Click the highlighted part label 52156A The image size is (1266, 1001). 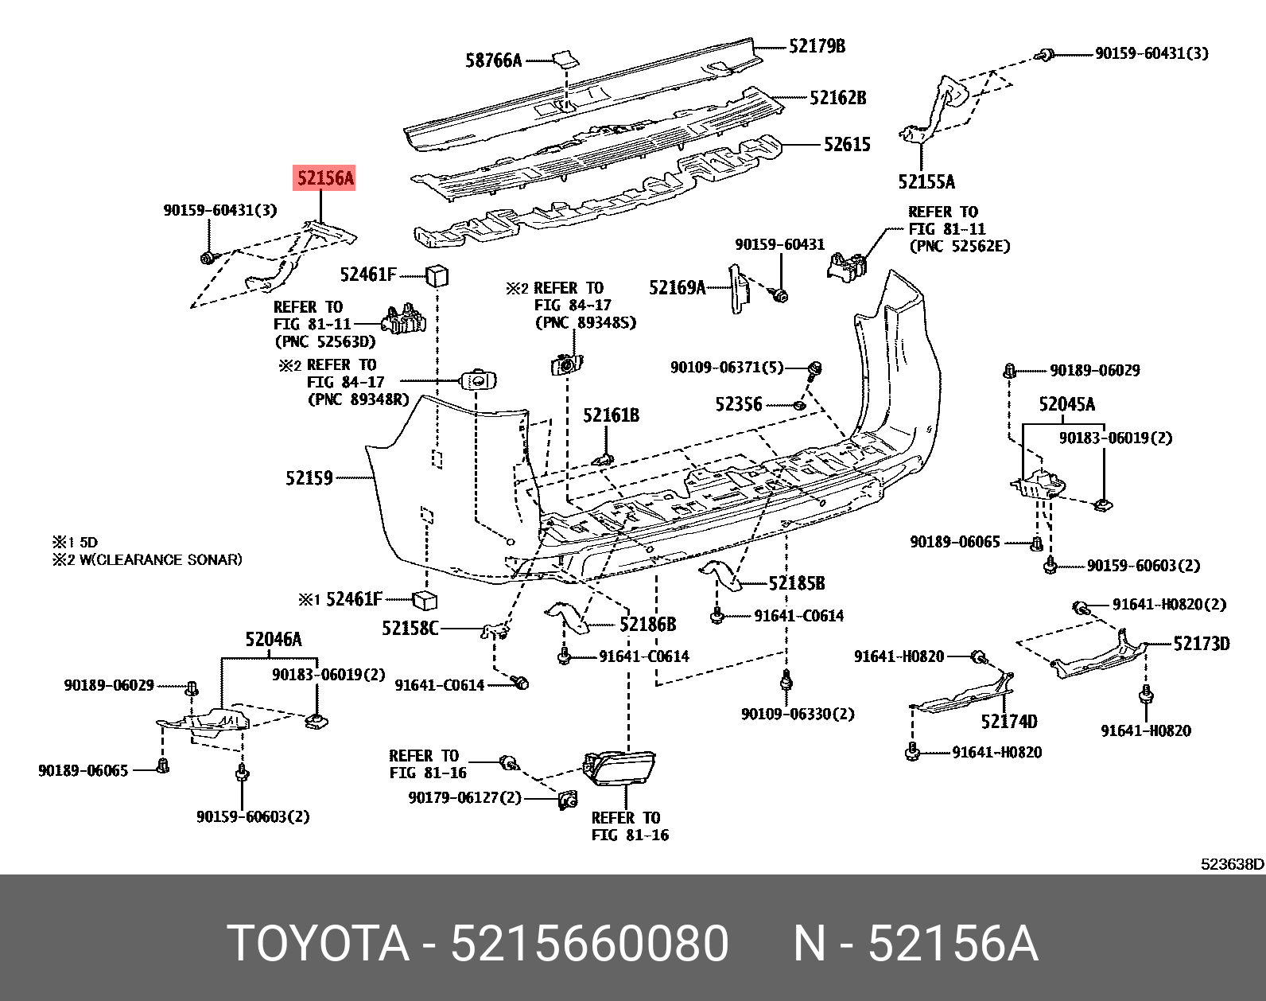(324, 178)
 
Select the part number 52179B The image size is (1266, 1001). (817, 46)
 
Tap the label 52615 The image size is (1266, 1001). (847, 145)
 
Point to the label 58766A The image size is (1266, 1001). (493, 60)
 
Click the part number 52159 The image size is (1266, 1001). (309, 478)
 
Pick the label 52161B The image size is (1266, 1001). (611, 415)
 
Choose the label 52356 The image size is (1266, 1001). (738, 404)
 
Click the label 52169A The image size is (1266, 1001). (677, 287)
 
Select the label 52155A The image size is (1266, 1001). (926, 182)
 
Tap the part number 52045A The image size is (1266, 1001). (1066, 404)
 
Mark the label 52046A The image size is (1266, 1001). (273, 640)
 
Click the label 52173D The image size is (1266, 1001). (1201, 644)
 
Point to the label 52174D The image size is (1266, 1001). (1008, 722)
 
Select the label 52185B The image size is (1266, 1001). (796, 583)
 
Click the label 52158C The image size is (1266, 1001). (410, 629)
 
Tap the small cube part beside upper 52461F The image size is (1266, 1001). (437, 276)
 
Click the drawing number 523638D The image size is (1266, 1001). (1231, 864)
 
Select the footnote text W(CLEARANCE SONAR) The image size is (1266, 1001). (161, 559)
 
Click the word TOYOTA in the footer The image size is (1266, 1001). (318, 944)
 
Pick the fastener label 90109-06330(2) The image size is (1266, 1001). (798, 714)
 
